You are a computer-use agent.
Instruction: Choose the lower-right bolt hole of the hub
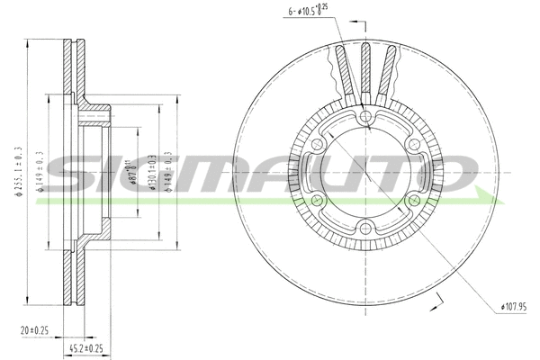(x=412, y=201)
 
